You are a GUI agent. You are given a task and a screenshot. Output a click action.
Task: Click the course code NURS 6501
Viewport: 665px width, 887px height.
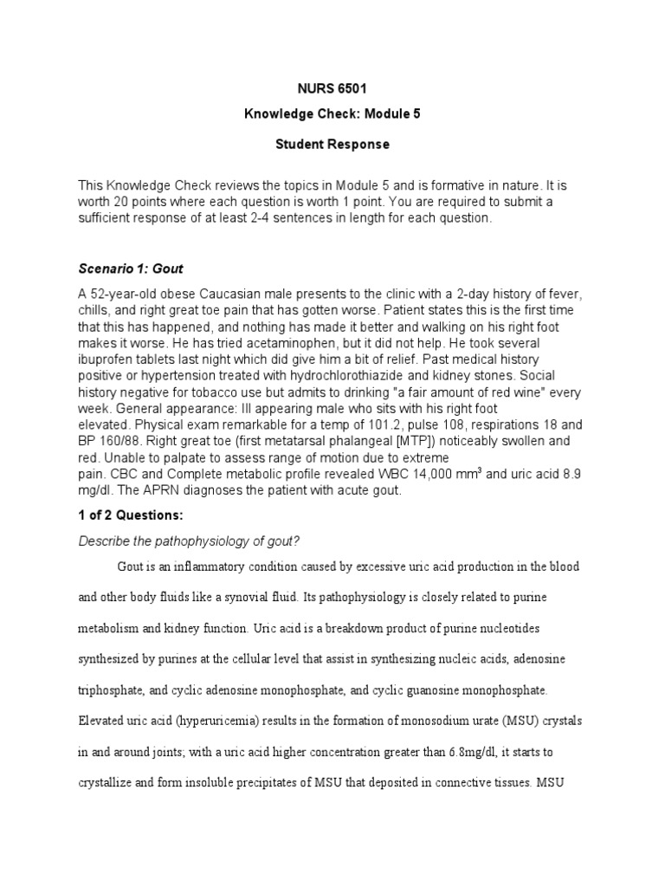pyautogui.click(x=332, y=88)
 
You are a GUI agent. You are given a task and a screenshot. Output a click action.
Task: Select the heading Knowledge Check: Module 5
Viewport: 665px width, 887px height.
pyautogui.click(x=332, y=116)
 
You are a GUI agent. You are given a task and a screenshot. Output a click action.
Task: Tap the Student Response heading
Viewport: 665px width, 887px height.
pyautogui.click(x=332, y=144)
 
